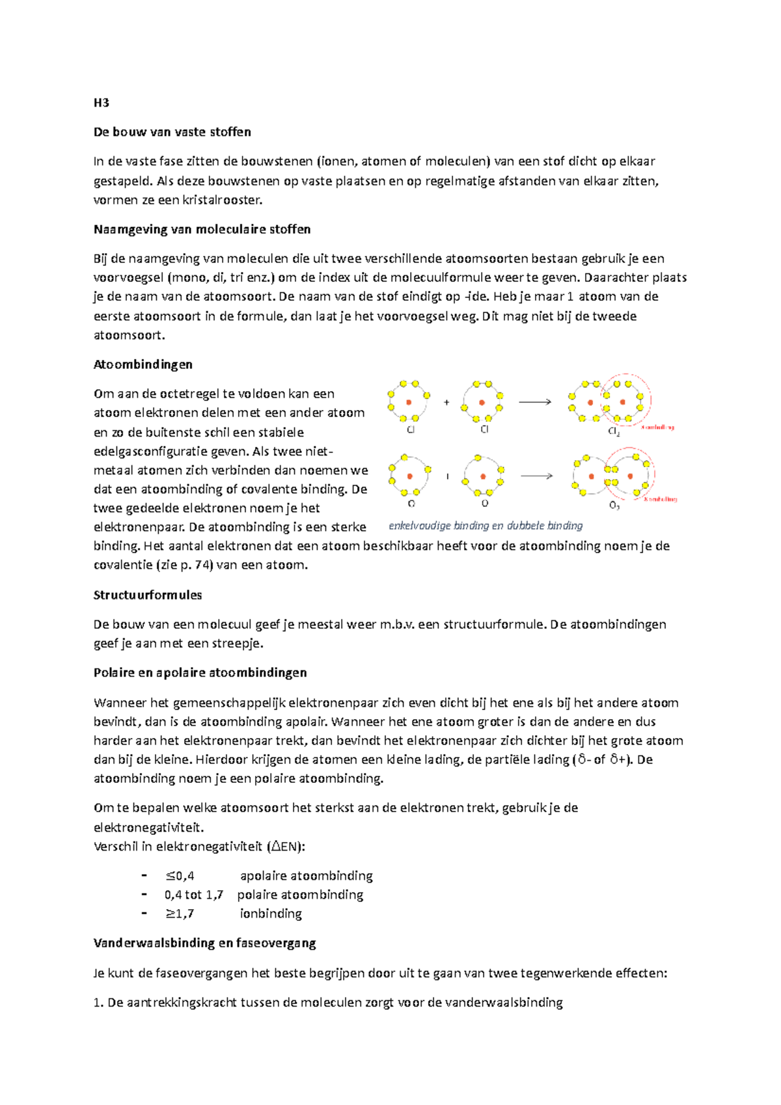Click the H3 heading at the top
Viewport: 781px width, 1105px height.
click(x=101, y=103)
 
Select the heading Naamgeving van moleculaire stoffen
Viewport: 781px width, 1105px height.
click(x=202, y=229)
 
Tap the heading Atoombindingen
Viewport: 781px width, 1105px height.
click(x=143, y=364)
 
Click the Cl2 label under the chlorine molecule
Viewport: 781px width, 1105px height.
click(x=614, y=431)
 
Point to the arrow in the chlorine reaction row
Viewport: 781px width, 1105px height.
click(x=535, y=402)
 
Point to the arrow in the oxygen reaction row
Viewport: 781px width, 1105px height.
click(x=536, y=476)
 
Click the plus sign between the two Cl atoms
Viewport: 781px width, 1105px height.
click(x=446, y=403)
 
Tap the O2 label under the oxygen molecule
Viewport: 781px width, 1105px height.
click(x=614, y=506)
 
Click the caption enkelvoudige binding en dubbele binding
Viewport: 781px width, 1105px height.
click(x=486, y=526)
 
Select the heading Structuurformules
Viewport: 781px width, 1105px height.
click(x=148, y=595)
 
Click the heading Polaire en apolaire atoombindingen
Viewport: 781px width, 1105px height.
click(x=200, y=672)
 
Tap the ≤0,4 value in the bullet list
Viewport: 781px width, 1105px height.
click(x=180, y=876)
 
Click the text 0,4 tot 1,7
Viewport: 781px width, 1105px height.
click(x=193, y=895)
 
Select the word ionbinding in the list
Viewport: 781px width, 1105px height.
click(x=271, y=914)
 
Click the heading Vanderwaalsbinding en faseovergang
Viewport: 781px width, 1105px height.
click(x=204, y=943)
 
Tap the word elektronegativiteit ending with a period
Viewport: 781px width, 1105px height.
click(x=149, y=828)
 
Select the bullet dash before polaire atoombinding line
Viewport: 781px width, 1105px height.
click(x=144, y=894)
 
